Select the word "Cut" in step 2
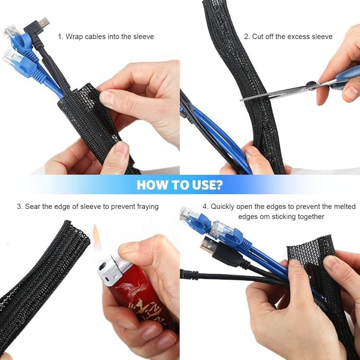(259, 37)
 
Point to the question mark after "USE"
(219, 185)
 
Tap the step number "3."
(20, 206)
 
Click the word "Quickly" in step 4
(223, 206)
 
